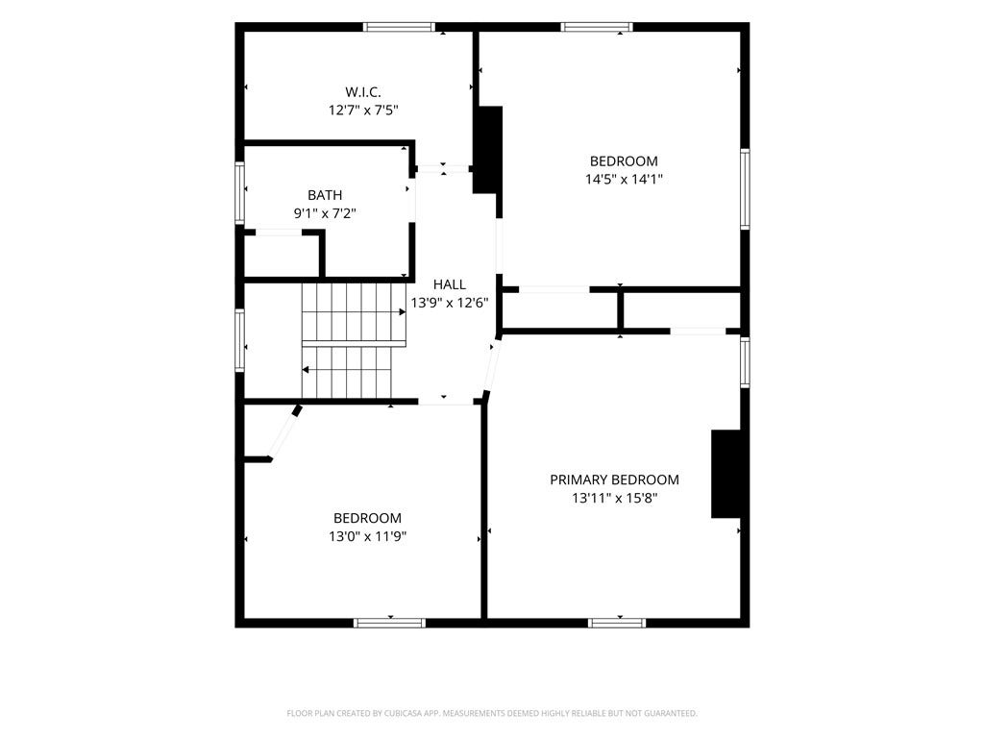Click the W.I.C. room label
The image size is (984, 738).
coord(362,92)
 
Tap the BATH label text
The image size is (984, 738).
coord(325,195)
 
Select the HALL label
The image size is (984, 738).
coord(450,284)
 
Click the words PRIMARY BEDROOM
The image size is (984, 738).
coord(614,480)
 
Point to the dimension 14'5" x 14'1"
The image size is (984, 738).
coord(624,180)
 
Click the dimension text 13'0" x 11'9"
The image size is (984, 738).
coord(368,536)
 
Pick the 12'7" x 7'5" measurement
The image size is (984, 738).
coord(363,111)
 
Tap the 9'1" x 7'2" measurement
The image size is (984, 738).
coord(325,213)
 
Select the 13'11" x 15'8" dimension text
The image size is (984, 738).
coord(614,499)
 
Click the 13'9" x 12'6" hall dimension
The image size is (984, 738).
coord(450,303)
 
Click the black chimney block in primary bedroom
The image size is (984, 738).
coord(726,474)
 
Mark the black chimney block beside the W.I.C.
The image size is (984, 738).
coord(487,149)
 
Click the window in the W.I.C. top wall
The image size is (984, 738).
coord(399,27)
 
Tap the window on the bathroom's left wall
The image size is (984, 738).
coord(239,192)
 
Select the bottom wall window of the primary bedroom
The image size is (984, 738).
coord(617,623)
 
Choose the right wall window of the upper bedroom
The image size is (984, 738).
coord(745,189)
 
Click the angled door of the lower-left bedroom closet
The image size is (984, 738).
coord(284,433)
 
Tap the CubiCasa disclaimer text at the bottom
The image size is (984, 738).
coord(492,714)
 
